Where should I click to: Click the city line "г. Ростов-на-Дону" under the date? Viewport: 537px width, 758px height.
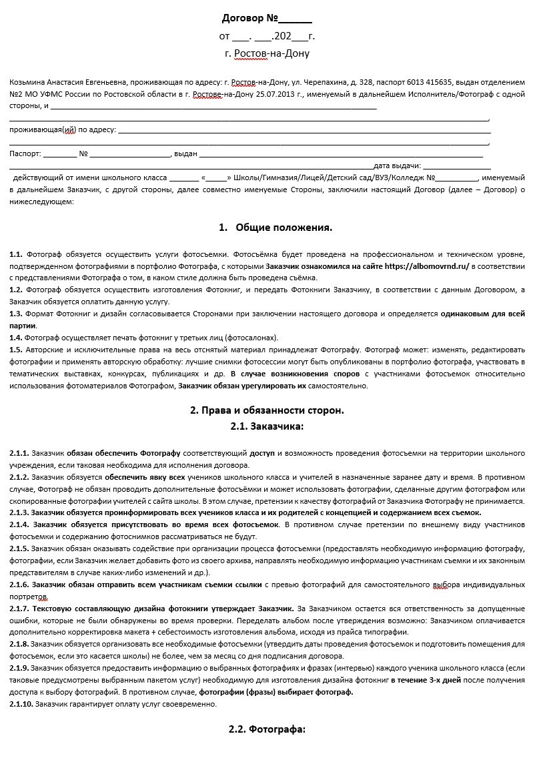coord(267,53)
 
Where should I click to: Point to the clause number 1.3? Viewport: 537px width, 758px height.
coord(16,313)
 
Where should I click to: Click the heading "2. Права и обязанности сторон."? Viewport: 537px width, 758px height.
coord(267,410)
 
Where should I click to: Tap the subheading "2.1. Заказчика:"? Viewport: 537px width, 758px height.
coord(267,426)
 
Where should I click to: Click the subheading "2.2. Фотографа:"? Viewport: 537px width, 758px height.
coord(267,729)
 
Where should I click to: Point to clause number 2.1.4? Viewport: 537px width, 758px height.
coord(20,524)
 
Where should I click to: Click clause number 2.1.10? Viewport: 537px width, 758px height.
coord(21,704)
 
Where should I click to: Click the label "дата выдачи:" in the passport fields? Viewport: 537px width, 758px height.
coord(397,166)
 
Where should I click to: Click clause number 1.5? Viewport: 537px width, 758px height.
coord(16,349)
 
